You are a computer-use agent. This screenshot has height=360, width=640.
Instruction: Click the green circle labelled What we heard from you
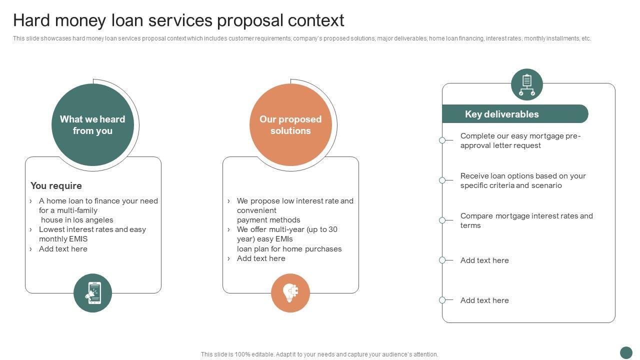92,125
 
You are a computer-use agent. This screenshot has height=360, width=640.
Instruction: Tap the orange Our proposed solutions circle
290,125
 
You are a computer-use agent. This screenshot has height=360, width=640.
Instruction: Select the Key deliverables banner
515,113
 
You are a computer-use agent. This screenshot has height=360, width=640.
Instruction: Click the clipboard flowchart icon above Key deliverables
527,84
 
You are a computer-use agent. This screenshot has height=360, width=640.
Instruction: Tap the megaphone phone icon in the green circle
93,293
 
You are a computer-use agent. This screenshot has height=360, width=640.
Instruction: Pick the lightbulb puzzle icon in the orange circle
290,293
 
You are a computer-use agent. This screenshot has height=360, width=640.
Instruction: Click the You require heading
56,185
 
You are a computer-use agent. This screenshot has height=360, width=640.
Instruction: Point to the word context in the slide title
315,20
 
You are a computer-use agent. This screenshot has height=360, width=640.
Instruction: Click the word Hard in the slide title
31,20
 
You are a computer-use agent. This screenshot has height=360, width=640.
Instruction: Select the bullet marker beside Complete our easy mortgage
442,140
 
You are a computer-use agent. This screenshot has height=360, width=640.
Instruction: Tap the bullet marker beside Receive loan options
442,180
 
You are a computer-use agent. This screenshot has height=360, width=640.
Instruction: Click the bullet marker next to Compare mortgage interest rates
442,220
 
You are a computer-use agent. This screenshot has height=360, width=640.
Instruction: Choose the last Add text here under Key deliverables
484,300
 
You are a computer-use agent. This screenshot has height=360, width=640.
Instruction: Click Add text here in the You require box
63,249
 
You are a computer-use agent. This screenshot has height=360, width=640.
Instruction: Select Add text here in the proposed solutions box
261,258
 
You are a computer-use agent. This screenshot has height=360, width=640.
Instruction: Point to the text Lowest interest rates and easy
92,229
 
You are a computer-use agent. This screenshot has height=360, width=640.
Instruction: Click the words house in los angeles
77,220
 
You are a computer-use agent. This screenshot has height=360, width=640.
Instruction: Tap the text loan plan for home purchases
289,249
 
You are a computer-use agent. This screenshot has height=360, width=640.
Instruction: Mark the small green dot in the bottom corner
626,352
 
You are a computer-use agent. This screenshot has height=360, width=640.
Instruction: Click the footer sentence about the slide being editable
319,354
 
